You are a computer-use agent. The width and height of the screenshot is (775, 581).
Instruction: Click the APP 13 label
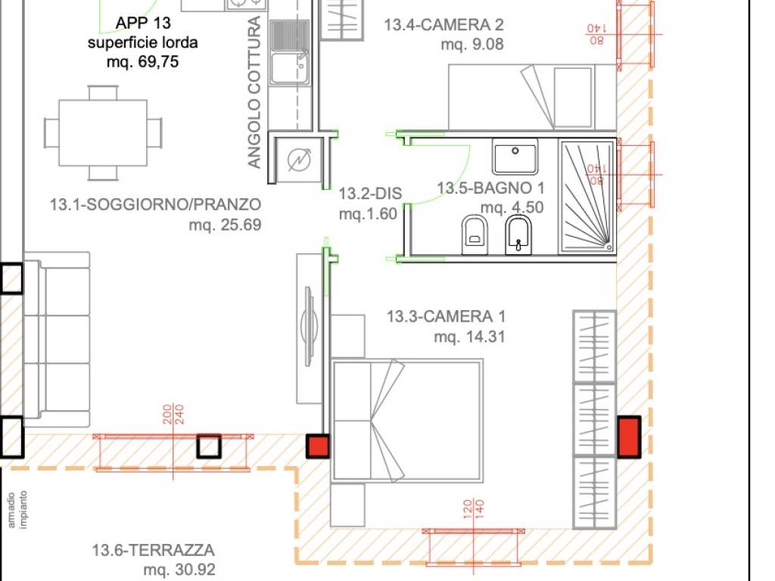(143, 23)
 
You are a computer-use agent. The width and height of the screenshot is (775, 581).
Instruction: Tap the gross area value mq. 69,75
(143, 62)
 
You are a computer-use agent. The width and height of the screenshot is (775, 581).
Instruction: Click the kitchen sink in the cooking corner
(290, 69)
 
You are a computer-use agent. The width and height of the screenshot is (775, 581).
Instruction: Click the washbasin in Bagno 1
(515, 157)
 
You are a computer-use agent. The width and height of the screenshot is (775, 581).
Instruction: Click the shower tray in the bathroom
(587, 195)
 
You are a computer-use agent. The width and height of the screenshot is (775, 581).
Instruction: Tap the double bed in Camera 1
(407, 420)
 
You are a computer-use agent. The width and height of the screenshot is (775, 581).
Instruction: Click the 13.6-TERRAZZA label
(154, 550)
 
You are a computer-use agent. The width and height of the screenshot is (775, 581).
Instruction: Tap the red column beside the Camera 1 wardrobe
(628, 437)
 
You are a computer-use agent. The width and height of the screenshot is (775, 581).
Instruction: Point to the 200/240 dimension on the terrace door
(173, 414)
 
